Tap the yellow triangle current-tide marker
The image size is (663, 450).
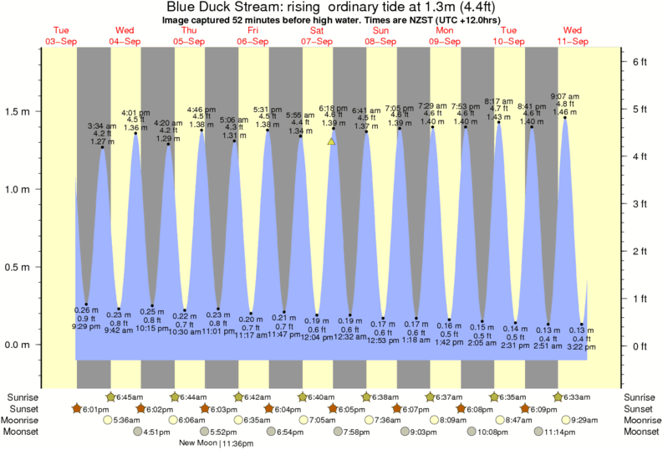[x=331, y=142]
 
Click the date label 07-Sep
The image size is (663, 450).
[x=316, y=41]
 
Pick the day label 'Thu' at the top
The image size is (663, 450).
[x=189, y=31]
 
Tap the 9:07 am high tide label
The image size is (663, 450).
[x=565, y=95]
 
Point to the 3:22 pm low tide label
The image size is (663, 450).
[x=582, y=346]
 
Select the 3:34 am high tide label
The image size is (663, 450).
[x=102, y=125]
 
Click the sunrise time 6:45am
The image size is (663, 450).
[x=130, y=396]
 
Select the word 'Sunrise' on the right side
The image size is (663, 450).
[x=640, y=396]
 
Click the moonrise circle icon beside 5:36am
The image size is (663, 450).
[x=106, y=420]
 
